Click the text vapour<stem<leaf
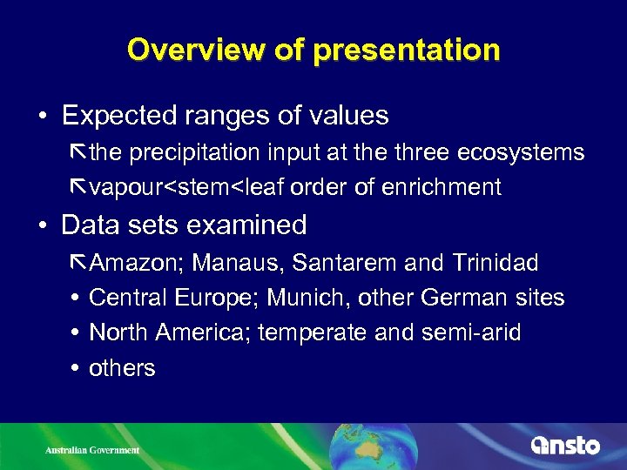(186, 187)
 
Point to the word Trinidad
(495, 262)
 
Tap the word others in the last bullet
(122, 368)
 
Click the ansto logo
(566, 446)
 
